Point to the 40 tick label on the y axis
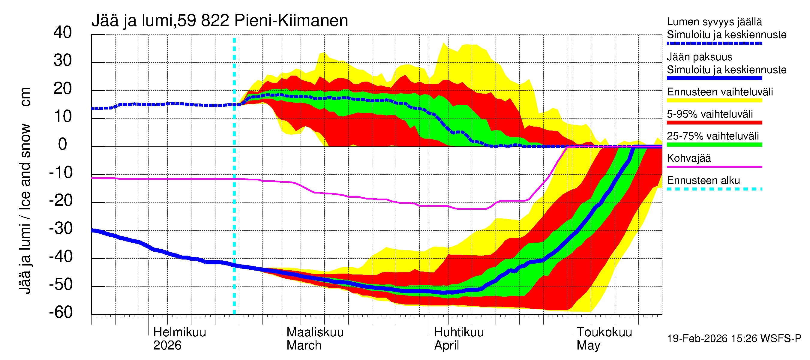[x=63, y=32]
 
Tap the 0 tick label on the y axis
[x=63, y=144]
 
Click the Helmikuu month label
[x=179, y=332]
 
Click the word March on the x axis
[x=304, y=345]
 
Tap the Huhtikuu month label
[x=459, y=332]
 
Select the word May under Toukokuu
[x=588, y=345]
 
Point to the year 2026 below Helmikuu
[x=167, y=345]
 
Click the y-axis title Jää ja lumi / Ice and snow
[x=25, y=192]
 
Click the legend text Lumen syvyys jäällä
[x=714, y=22]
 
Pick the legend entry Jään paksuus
[x=699, y=57]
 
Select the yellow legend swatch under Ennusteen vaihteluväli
[x=714, y=100]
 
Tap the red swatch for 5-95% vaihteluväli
[x=714, y=123]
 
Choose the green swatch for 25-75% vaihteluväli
[x=714, y=145]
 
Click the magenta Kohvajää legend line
[x=714, y=166]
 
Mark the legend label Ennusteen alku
[x=703, y=181]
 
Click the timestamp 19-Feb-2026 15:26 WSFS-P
[x=734, y=338]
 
